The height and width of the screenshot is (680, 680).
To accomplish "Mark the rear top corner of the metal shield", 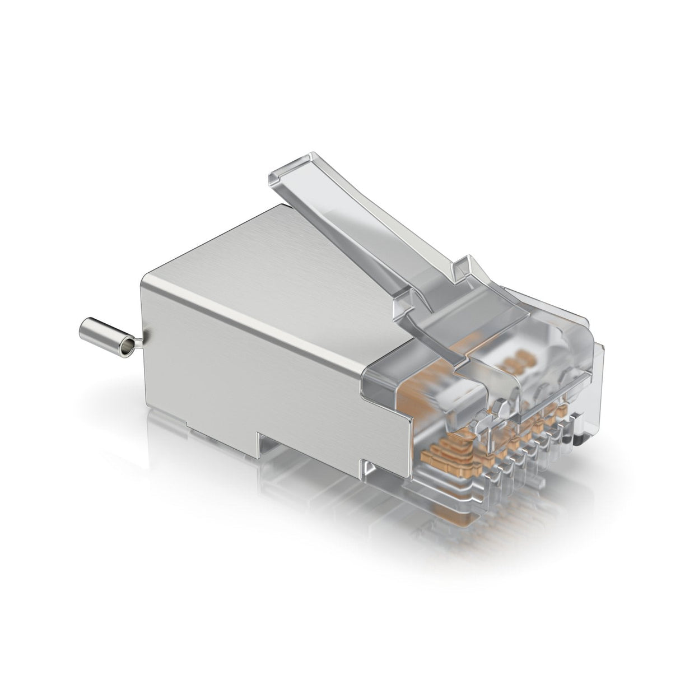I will pos(147,274).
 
